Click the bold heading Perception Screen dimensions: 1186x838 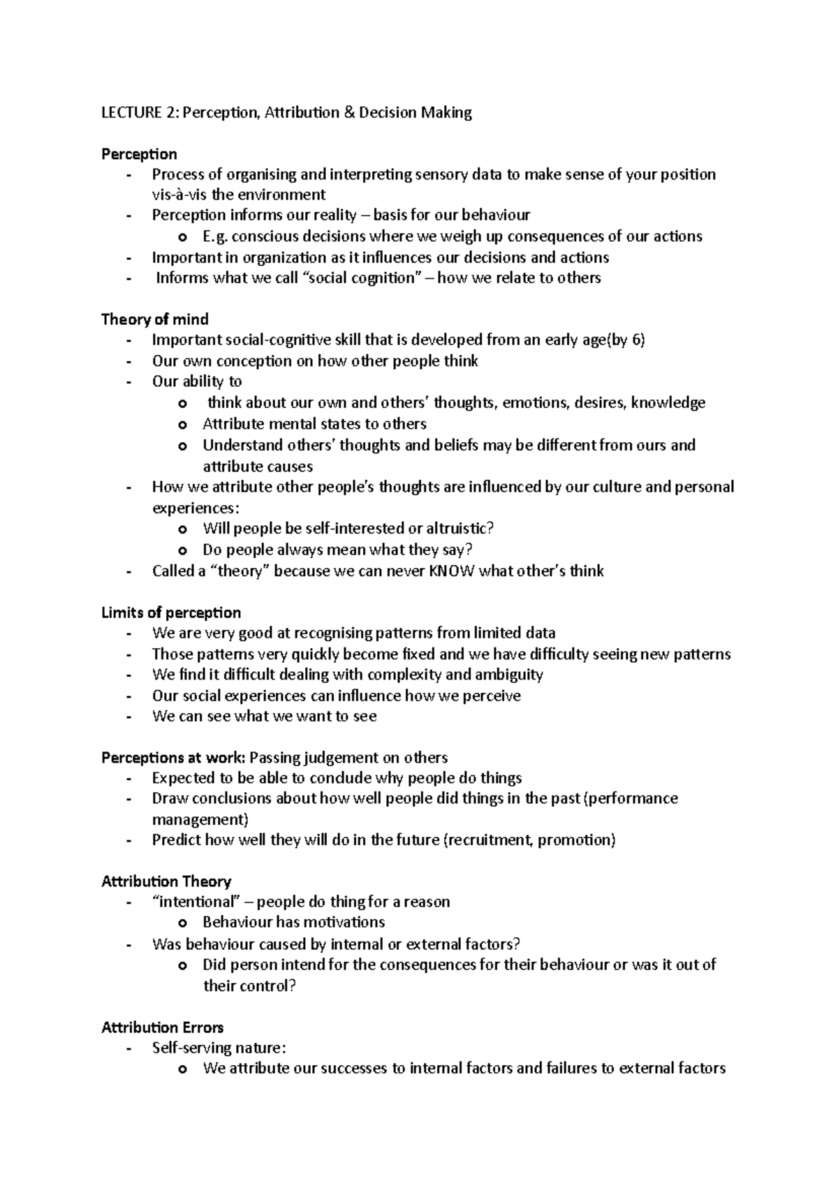(139, 154)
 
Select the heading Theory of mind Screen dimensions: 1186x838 (154, 319)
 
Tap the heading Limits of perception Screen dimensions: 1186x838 (171, 613)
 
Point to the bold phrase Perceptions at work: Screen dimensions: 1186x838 (173, 758)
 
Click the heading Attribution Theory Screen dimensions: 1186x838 (166, 881)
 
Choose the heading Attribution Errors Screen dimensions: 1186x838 (162, 1027)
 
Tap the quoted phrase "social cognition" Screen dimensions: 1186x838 (365, 278)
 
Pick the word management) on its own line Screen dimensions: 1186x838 (200, 819)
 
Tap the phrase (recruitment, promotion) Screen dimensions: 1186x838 (529, 840)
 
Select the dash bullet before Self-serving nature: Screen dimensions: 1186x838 (128, 1048)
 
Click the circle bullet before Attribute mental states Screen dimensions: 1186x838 (183, 425)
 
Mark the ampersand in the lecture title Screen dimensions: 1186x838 (348, 112)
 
